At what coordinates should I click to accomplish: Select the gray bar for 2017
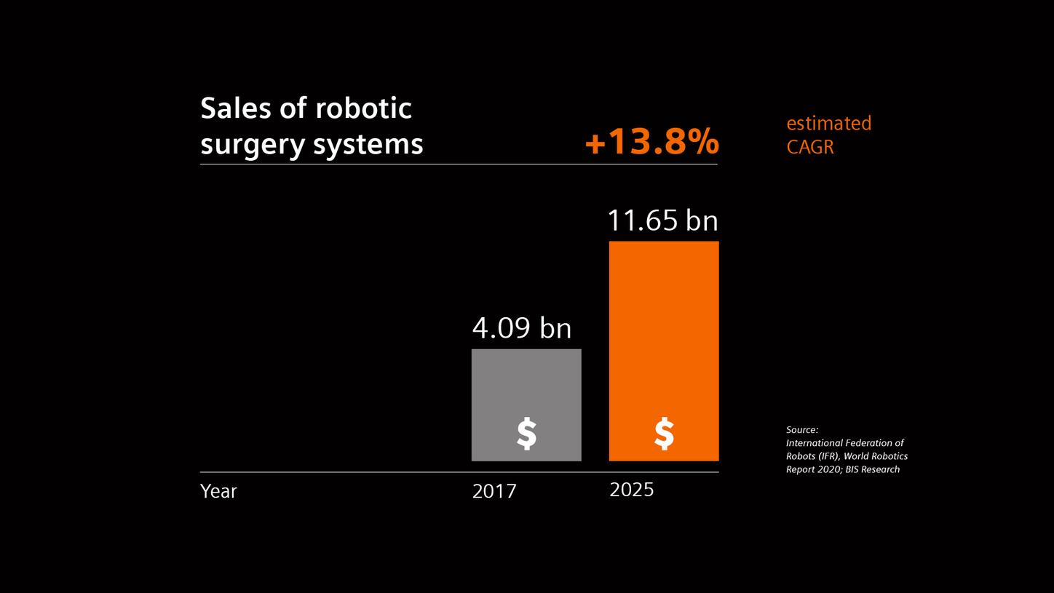click(526, 386)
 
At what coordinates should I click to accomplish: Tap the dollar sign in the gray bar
click(526, 434)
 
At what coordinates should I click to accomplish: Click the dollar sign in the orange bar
click(664, 434)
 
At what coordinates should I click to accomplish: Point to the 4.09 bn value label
click(522, 329)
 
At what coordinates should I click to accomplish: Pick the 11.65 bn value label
click(662, 220)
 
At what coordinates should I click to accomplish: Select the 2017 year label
click(494, 492)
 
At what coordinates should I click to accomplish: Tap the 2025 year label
click(631, 490)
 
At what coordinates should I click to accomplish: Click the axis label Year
click(218, 492)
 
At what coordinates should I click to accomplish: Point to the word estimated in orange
click(828, 124)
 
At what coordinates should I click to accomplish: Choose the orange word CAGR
click(810, 147)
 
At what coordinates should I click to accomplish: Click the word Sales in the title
click(234, 108)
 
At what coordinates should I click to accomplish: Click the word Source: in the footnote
click(802, 430)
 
